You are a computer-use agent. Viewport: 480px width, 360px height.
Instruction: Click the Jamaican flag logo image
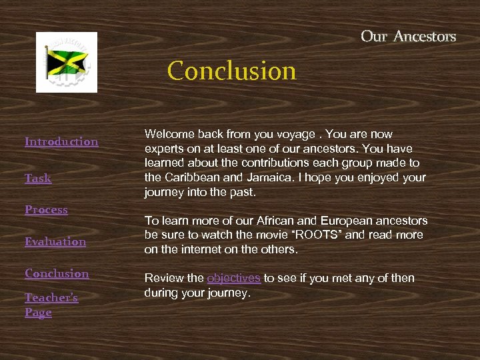[66, 62]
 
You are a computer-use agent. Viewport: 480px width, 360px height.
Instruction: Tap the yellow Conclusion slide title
[231, 71]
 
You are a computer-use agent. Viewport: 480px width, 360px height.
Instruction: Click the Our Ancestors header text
[408, 36]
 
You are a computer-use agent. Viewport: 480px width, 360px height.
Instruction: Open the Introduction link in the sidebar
[61, 141]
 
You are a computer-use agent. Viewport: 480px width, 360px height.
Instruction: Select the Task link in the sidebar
[38, 178]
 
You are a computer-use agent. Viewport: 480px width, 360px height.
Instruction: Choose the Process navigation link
[46, 209]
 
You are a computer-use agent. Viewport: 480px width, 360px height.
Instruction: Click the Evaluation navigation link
[55, 241]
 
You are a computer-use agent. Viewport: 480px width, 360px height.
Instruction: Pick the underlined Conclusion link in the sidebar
[57, 273]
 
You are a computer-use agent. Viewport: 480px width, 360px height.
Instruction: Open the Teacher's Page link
[51, 305]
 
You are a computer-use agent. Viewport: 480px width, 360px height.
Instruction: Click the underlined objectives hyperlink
[233, 278]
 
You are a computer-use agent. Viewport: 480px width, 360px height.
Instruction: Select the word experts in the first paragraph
[163, 149]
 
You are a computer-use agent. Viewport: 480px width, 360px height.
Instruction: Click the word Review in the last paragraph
[161, 278]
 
